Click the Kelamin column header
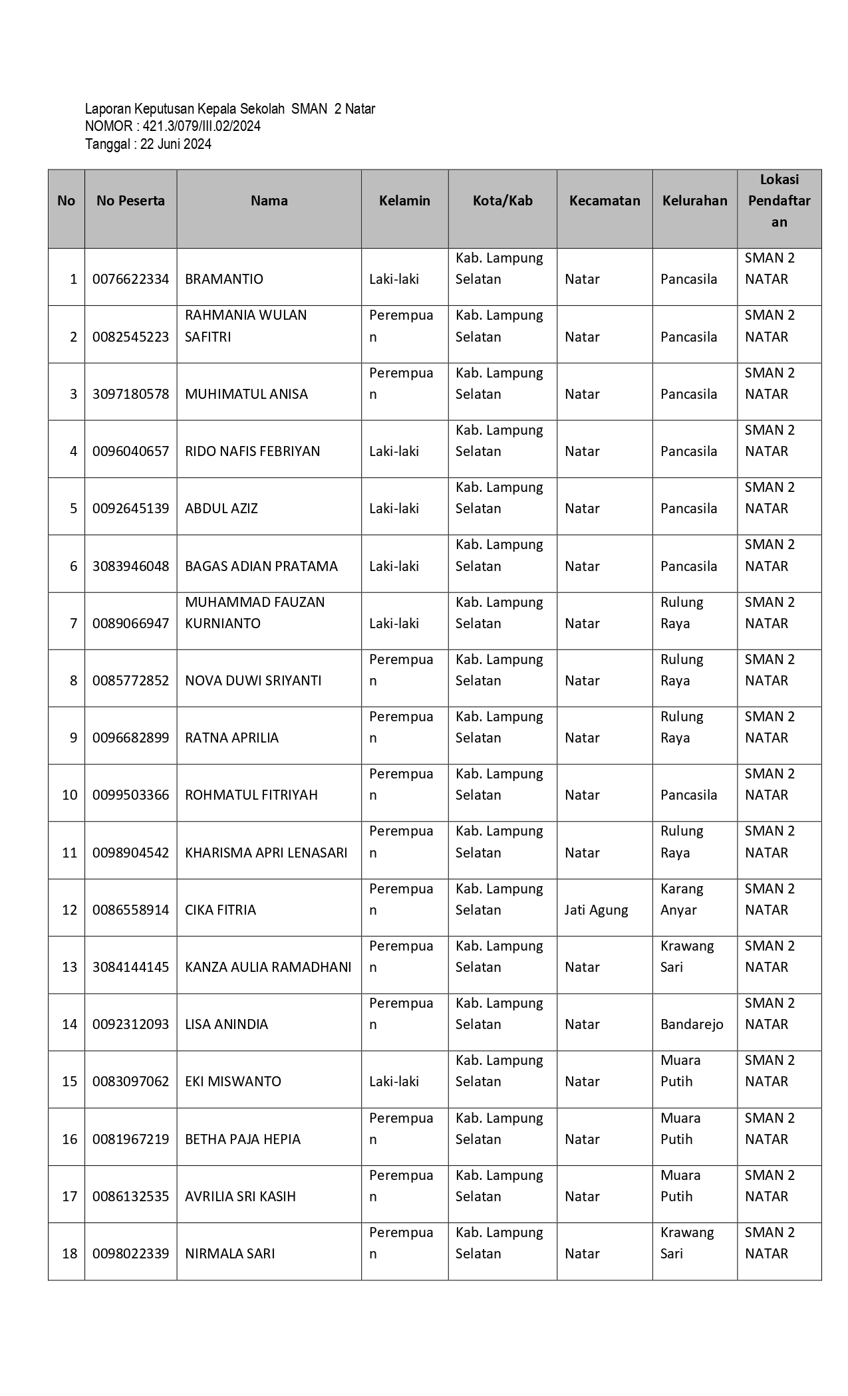(x=404, y=201)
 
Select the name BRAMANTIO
(x=223, y=279)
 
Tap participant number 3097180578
(x=130, y=394)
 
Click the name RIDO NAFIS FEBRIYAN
(x=252, y=451)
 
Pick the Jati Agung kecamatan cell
(x=596, y=910)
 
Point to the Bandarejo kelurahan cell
(x=691, y=1024)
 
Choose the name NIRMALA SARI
(x=229, y=1254)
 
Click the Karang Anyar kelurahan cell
(x=681, y=899)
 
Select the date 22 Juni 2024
(x=176, y=144)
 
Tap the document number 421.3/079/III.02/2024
(x=202, y=126)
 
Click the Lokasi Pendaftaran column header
(x=779, y=201)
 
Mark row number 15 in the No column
(x=70, y=1082)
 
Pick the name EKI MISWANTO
(x=233, y=1082)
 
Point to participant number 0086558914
(x=130, y=910)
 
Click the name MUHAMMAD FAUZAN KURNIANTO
(x=255, y=613)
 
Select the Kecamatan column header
(x=604, y=201)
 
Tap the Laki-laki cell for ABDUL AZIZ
(x=394, y=509)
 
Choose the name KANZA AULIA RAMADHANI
(x=268, y=967)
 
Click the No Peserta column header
(x=130, y=201)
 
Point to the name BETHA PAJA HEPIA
(x=242, y=1139)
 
